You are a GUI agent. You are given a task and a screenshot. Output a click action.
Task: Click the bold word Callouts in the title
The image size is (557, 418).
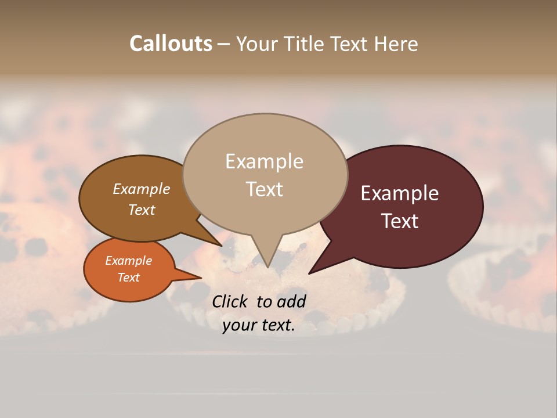pos(171,44)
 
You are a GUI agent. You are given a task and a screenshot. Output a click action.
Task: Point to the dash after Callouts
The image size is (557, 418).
pos(224,44)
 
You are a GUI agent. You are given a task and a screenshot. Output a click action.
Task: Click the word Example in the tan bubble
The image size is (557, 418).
pos(264,161)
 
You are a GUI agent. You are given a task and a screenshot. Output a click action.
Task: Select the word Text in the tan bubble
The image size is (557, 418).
pos(264,189)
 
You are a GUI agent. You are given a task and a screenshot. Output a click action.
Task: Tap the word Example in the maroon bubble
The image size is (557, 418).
pos(400,193)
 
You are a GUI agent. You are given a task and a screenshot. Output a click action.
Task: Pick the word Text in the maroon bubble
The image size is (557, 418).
pos(400,221)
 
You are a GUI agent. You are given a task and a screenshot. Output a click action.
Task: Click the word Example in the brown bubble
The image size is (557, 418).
pos(141,189)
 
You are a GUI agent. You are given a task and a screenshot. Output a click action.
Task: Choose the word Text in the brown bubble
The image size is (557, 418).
pos(142,210)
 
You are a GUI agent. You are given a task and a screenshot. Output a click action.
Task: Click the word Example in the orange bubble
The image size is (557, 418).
pos(128,261)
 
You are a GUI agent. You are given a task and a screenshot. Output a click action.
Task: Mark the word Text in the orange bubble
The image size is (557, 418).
pos(128,278)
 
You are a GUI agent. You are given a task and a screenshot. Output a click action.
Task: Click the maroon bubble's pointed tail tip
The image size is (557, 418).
pos(308,273)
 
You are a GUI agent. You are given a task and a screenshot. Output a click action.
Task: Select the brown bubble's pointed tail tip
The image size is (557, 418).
pos(222,246)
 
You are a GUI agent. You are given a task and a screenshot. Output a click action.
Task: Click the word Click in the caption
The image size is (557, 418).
pos(230,301)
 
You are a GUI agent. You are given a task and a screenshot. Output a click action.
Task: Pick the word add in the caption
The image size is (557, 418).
pos(291,301)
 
